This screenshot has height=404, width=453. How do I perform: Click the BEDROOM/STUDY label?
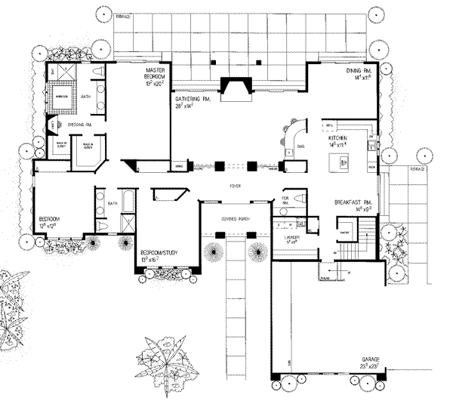(x=160, y=254)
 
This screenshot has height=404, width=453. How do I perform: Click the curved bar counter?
(x=291, y=136)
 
